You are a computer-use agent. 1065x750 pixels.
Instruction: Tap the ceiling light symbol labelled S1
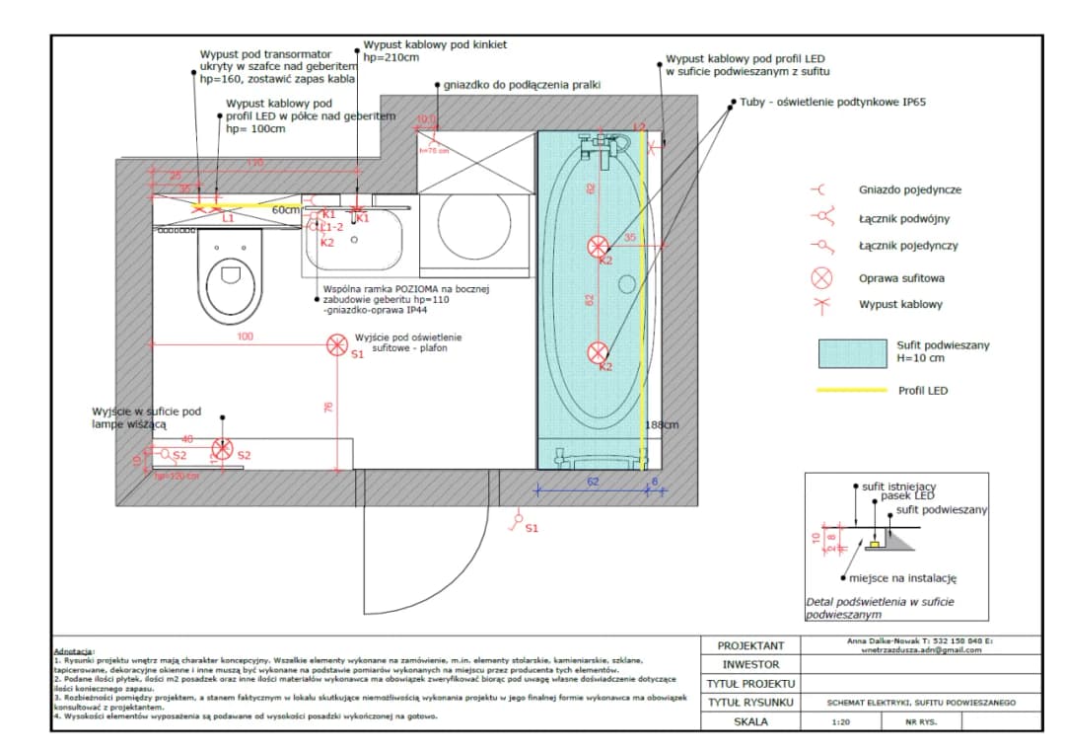336,344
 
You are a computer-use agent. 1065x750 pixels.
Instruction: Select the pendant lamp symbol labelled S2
223,449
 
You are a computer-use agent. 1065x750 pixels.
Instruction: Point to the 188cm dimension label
662,425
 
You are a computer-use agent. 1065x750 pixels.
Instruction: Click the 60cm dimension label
286,210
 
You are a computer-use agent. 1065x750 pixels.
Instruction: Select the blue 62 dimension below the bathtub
593,482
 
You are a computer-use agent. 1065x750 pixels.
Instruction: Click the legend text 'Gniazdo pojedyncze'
909,190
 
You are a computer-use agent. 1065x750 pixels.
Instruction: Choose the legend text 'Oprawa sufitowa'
900,278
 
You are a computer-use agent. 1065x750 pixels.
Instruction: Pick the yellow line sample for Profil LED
852,391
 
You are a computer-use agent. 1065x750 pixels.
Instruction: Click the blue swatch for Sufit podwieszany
852,351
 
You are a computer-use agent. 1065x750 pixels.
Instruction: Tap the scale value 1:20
842,721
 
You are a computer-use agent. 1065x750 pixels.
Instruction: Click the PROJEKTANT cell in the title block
750,645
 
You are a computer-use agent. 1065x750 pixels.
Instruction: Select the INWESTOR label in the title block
750,664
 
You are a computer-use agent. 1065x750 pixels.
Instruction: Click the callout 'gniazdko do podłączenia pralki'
523,86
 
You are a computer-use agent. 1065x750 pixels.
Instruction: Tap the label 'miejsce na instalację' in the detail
903,579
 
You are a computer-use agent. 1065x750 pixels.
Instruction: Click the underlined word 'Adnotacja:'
74,651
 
